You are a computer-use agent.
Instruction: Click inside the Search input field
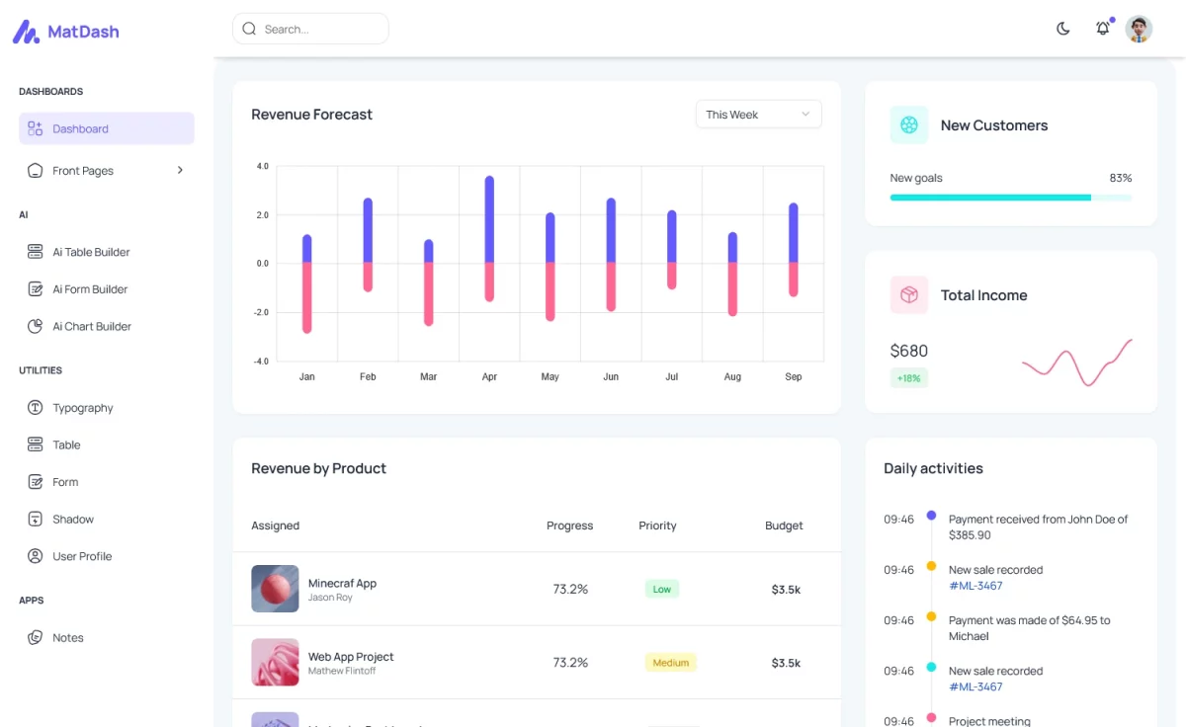(316, 30)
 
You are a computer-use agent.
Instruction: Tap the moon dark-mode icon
(1063, 29)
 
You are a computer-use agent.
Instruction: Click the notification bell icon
(1103, 29)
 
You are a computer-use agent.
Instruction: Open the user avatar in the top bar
(1139, 29)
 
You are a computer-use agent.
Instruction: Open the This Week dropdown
(758, 115)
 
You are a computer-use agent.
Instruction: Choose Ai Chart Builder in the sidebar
(92, 327)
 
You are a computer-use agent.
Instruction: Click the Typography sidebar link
(83, 408)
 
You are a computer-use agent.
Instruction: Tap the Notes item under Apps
(68, 638)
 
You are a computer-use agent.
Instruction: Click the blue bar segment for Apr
(489, 219)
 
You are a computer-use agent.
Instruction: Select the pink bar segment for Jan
(307, 296)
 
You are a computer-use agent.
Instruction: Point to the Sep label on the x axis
(794, 377)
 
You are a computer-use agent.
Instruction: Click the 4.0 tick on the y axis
(262, 167)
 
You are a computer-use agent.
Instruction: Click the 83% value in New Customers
(1120, 179)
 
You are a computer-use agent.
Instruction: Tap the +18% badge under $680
(908, 378)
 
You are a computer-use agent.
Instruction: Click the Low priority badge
(661, 590)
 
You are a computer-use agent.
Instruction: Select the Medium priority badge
(670, 663)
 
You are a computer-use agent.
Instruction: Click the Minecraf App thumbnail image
(275, 589)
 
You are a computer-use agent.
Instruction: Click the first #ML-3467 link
(975, 586)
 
